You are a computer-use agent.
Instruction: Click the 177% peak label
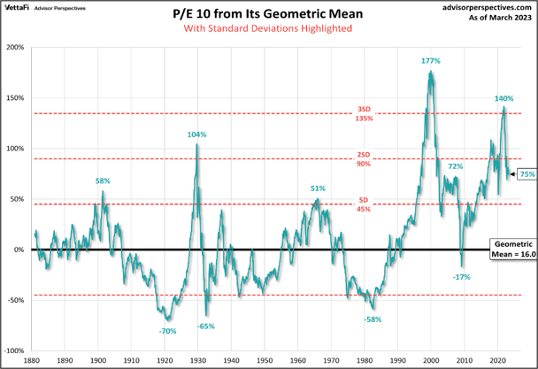tap(431, 61)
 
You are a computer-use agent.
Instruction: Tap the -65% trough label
tap(206, 326)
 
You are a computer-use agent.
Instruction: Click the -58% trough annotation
tap(373, 319)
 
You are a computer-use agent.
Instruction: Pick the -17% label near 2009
tap(461, 277)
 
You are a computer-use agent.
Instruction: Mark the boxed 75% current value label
tap(527, 175)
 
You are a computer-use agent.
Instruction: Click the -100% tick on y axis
tap(16, 350)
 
